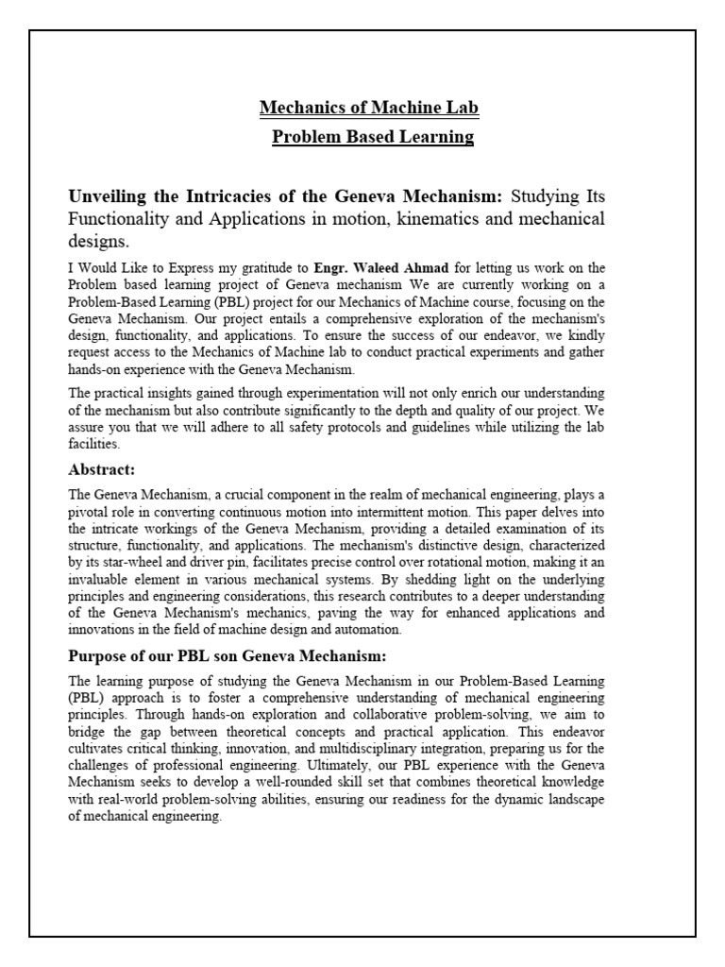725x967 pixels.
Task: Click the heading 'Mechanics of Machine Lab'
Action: [x=369, y=109]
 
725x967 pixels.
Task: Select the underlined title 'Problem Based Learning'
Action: [x=373, y=137]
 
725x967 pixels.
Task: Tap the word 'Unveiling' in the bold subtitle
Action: [x=110, y=196]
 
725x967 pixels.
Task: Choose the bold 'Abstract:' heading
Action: [x=102, y=469]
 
